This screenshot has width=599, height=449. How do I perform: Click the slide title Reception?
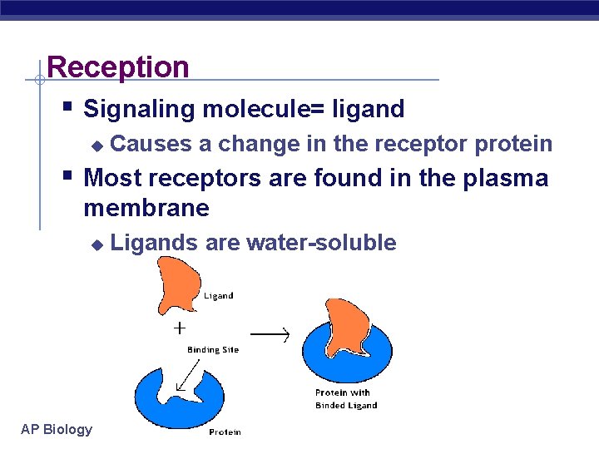(x=118, y=67)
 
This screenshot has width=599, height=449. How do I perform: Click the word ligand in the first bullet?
(x=368, y=109)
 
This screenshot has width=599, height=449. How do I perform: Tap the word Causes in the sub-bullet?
(x=151, y=144)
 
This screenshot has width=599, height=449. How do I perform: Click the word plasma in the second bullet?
(x=504, y=178)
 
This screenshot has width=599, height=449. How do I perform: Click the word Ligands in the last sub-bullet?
(x=154, y=243)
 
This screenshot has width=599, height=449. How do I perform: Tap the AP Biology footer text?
(x=57, y=429)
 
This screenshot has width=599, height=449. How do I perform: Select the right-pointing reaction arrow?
(x=270, y=334)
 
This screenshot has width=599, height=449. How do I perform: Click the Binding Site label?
(x=213, y=350)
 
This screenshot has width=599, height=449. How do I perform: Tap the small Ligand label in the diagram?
(x=219, y=295)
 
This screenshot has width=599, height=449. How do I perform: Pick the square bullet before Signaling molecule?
(x=68, y=106)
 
